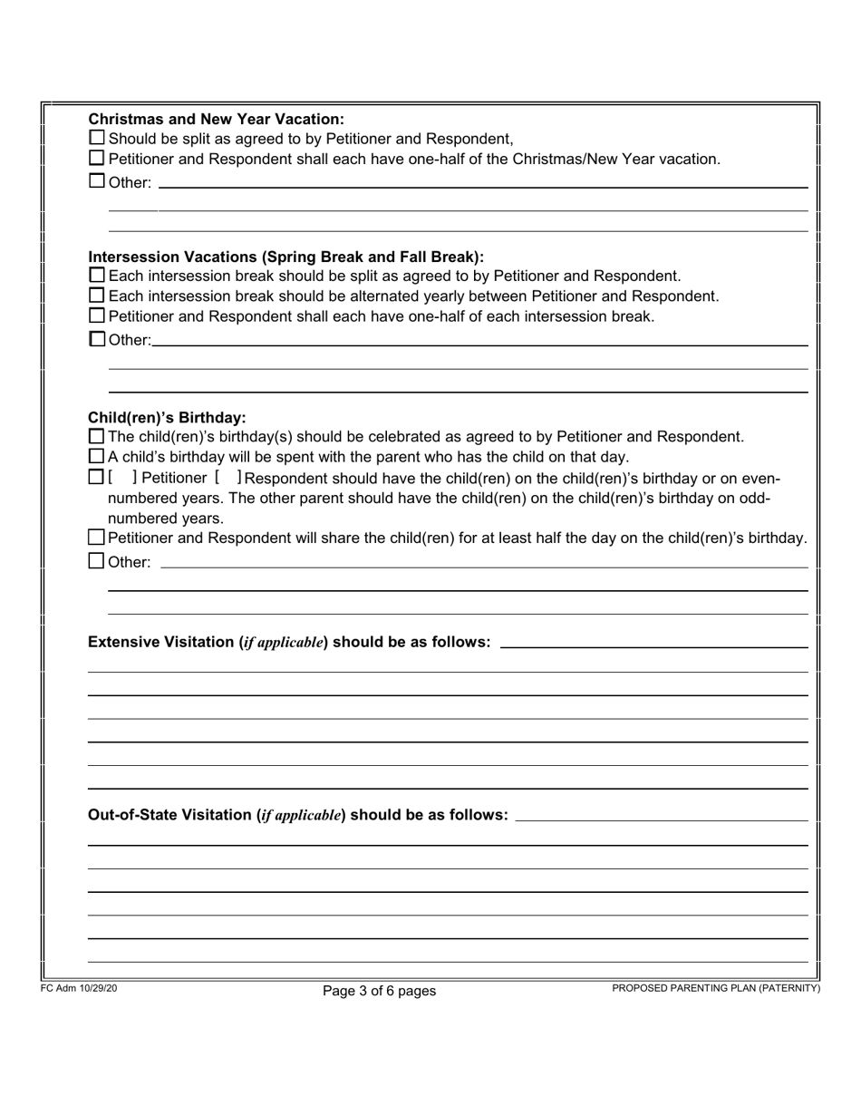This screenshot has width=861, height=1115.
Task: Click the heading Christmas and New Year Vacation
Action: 216,119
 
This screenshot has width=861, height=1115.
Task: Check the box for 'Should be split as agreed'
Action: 97,139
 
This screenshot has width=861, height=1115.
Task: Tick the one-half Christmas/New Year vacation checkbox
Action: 97,159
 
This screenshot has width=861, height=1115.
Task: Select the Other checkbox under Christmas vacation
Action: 97,181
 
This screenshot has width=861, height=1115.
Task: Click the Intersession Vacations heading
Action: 285,257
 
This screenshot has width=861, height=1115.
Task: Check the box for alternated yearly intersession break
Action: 97,296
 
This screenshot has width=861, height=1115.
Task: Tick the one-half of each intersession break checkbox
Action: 97,316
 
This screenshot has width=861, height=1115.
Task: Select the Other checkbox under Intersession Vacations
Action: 97,340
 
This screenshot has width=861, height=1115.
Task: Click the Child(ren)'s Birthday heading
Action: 167,418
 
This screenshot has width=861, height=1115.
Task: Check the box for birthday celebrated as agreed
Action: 97,437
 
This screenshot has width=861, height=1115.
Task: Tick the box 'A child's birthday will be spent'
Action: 97,457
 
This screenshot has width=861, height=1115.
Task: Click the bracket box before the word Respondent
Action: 228,478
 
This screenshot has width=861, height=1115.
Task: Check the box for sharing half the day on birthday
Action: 97,538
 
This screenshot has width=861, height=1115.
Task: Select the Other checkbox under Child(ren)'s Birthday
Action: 97,561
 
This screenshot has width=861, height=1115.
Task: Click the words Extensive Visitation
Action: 161,643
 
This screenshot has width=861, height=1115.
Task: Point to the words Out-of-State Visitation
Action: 170,815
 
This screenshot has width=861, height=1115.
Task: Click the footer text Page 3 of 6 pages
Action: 379,992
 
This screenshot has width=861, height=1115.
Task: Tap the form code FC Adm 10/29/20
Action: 79,988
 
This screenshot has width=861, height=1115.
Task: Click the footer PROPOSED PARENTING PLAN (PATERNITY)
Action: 716,988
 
